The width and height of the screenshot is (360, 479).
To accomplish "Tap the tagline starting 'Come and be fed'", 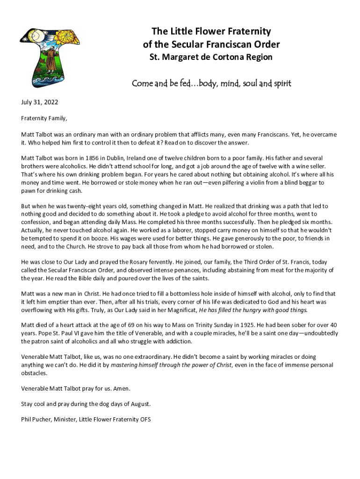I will point(211,84).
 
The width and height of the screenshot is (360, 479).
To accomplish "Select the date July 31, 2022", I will point(40,102).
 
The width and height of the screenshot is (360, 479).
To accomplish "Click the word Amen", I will point(121,388).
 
